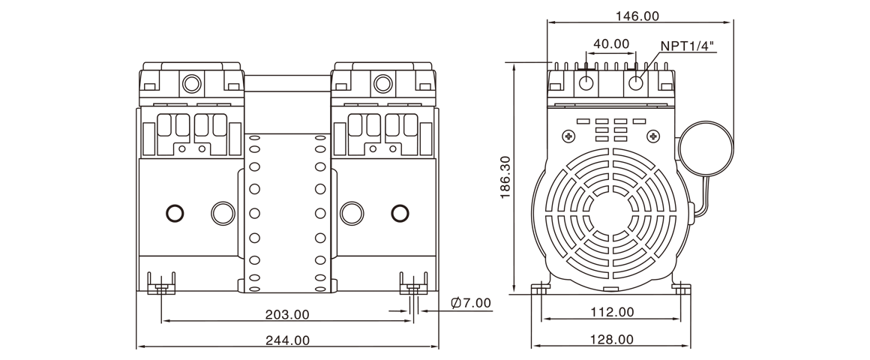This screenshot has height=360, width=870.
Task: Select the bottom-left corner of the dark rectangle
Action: (136, 349)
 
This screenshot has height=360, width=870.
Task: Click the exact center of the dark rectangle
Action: (435, 180)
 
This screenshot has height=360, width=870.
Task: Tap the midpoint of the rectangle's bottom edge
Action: (435, 349)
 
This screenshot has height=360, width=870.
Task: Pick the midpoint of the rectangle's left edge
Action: (136, 180)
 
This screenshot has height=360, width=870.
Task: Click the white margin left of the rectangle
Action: (67, 180)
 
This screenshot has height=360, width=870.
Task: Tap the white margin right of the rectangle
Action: (802, 180)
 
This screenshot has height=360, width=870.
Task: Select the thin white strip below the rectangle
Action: (435, 355)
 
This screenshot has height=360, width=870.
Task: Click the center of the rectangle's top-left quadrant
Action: (285, 95)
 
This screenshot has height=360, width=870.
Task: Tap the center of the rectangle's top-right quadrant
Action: (584, 95)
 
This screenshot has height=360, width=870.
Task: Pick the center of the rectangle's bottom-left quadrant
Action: (285, 265)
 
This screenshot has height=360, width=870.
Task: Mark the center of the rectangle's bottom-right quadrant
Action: (584, 265)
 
